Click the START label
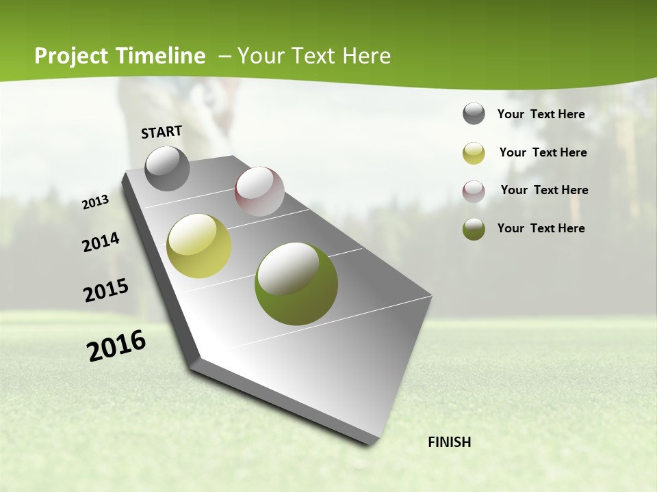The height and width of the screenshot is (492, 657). tap(162, 132)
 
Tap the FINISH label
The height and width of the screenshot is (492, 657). tap(449, 442)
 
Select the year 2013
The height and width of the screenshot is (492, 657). tap(95, 202)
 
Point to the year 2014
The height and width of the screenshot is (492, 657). tap(101, 243)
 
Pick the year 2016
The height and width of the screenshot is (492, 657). tap(116, 346)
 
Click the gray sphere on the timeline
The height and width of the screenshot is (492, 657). tap(168, 168)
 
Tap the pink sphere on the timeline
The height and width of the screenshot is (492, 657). tap(259, 191)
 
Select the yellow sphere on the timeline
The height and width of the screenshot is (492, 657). tap(199, 246)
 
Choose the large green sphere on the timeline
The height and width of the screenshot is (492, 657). tap(296, 284)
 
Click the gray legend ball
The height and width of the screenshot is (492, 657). tap(474, 114)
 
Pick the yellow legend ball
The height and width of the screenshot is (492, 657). tap(474, 153)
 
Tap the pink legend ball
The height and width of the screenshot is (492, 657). tap(474, 191)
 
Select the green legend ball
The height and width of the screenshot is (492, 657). tap(474, 228)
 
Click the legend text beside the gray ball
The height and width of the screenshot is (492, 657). tap(541, 114)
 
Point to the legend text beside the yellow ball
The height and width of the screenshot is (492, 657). tap(543, 152)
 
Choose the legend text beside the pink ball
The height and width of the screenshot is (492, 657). tap(544, 190)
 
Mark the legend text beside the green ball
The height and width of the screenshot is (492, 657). tap(541, 228)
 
